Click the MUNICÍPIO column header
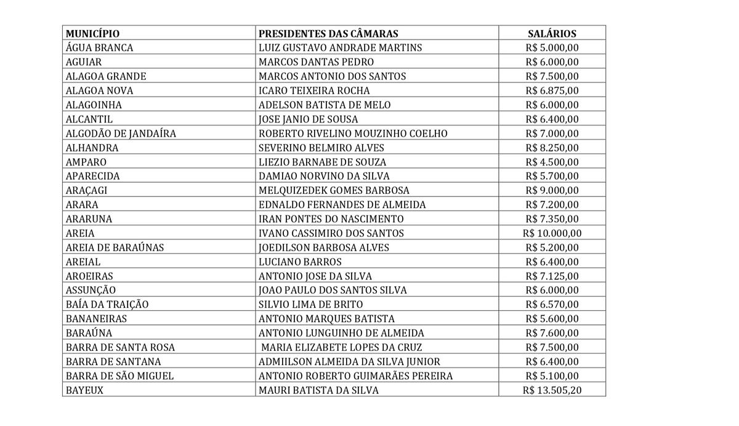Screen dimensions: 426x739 [93, 34]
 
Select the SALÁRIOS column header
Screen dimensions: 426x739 [552, 34]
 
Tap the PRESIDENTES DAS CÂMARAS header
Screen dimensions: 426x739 [328, 34]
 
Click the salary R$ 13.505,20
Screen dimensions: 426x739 [552, 390]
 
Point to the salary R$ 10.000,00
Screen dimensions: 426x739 [552, 233]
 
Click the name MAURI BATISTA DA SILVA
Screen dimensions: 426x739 [318, 390]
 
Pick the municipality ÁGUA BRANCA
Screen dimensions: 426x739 [99, 48]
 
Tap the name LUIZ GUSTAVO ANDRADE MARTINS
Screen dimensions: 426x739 [340, 48]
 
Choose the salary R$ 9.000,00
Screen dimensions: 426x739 [552, 190]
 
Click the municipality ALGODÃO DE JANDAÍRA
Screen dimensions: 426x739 [121, 134]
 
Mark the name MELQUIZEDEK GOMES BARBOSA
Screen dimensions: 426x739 [334, 190]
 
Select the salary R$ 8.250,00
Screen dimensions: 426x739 [552, 148]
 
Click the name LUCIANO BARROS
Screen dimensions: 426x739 [300, 262]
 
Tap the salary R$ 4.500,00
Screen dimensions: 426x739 [552, 162]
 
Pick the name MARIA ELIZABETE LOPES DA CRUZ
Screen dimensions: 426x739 [341, 347]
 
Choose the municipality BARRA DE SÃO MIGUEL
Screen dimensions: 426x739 [119, 376]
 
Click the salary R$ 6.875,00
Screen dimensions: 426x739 [552, 90]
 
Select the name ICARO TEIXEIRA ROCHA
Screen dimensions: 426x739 [314, 90]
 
